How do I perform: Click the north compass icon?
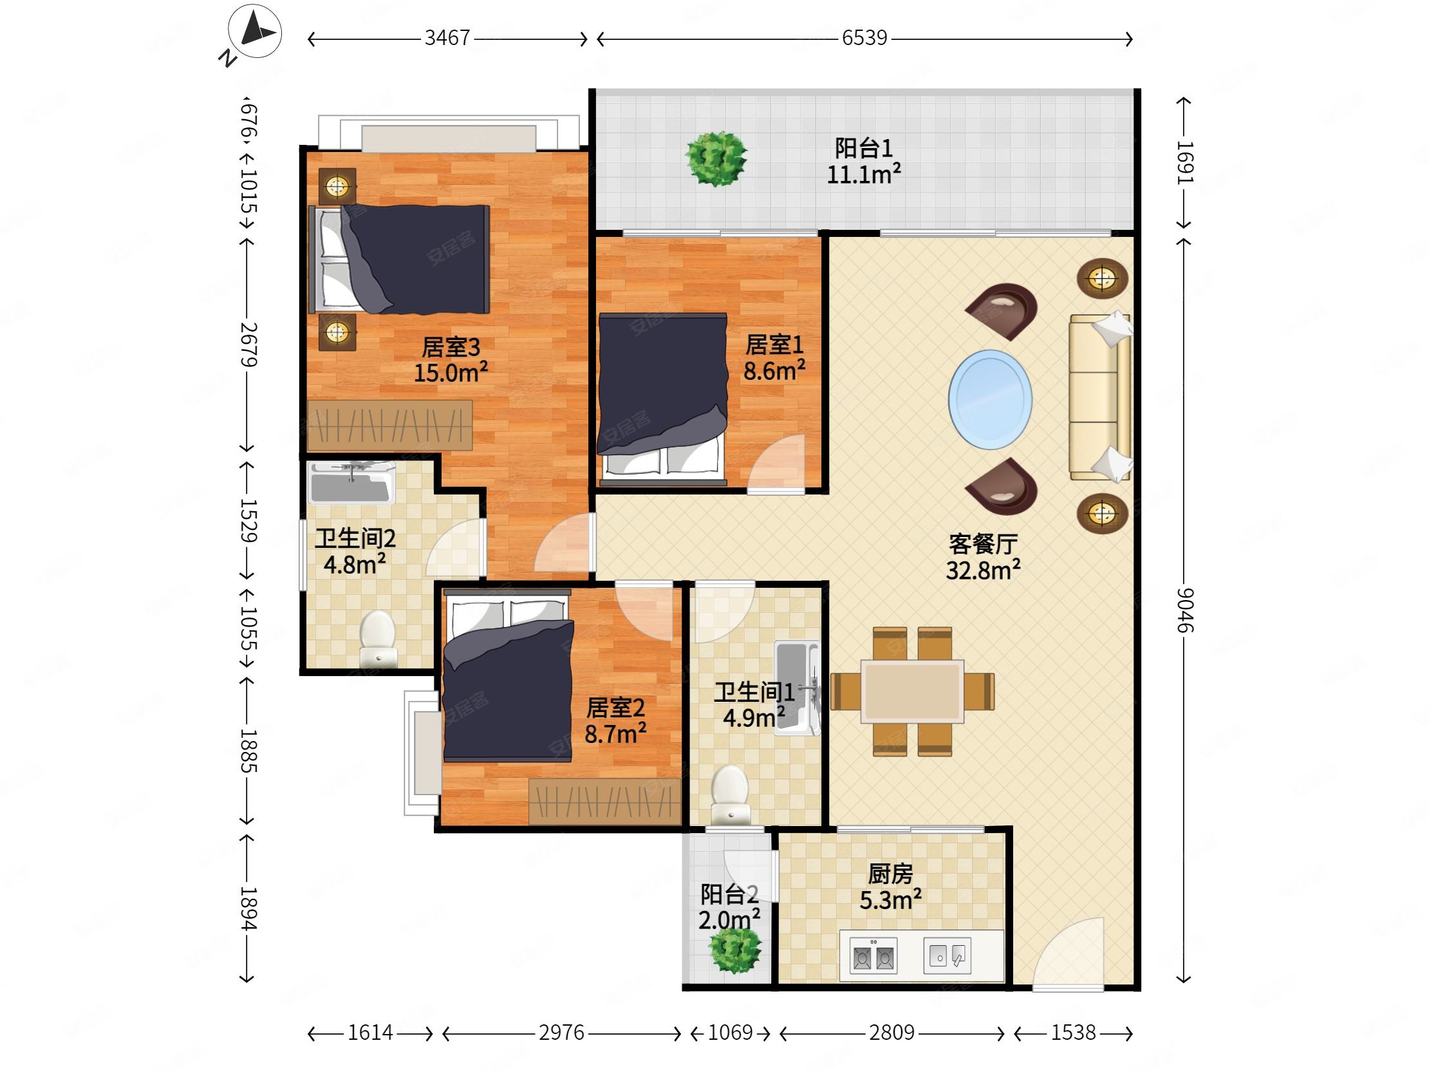[254, 31]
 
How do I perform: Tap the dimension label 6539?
[864, 38]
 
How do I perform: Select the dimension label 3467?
[447, 38]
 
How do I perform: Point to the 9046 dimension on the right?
[1184, 610]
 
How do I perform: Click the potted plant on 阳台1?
[716, 158]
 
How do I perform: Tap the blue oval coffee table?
[990, 399]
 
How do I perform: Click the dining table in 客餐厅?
[912, 691]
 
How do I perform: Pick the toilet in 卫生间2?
[377, 639]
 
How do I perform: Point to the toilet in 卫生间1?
[730, 795]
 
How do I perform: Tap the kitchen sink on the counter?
[947, 955]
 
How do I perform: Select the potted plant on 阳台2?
[735, 950]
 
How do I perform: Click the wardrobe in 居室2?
[604, 802]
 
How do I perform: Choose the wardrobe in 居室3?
[389, 425]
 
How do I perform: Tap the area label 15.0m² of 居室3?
[451, 373]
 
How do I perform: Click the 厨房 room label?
[890, 874]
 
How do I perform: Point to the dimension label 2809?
[892, 1033]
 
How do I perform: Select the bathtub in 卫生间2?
[351, 483]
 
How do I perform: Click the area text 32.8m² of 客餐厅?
[984, 570]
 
